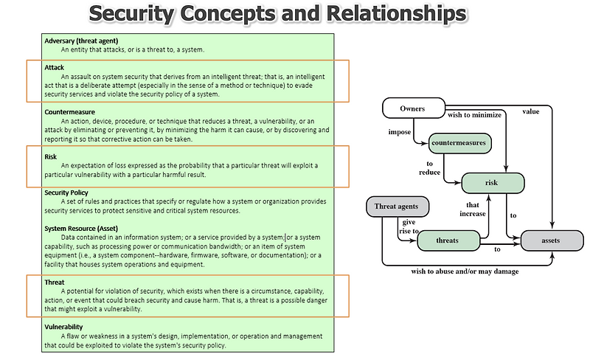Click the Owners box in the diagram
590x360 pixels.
tap(412, 109)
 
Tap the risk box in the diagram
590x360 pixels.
tap(493, 182)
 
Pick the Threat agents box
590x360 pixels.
tap(397, 207)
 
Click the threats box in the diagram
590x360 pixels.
tap(447, 240)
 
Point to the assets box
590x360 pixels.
tap(550, 240)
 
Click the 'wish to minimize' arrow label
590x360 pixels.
tap(474, 115)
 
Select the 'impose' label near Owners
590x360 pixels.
tap(400, 132)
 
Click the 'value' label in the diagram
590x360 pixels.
tap(531, 111)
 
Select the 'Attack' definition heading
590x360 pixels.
tap(54, 67)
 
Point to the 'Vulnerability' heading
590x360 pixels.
tap(63, 327)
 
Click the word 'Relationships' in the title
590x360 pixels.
tap(386, 14)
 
